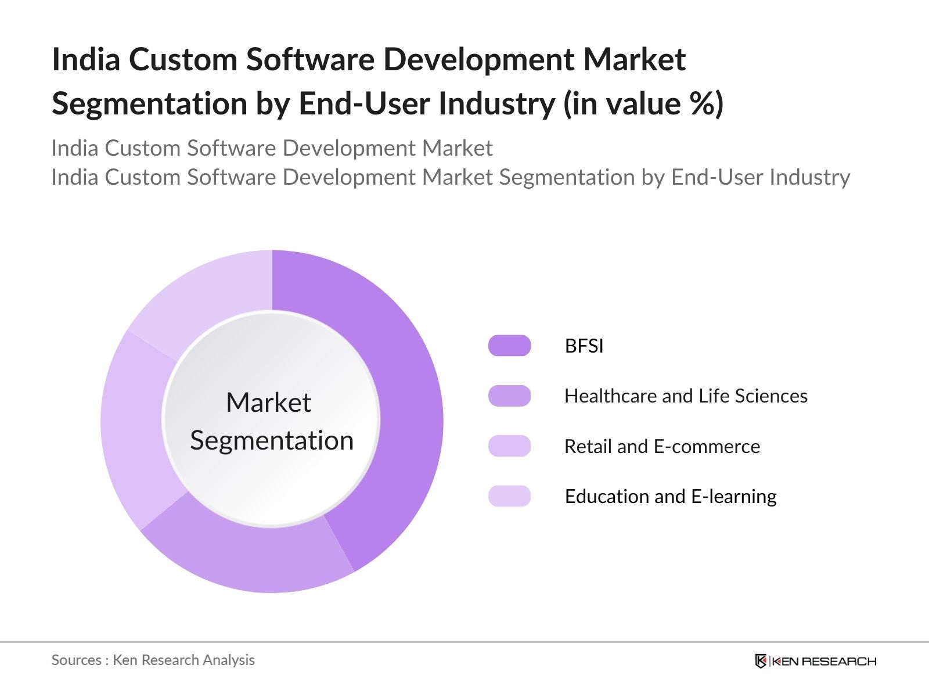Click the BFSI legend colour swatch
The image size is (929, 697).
coord(509,346)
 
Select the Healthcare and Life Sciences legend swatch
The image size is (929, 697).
coord(509,396)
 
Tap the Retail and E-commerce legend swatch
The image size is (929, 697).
coord(509,446)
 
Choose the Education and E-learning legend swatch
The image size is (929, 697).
coord(509,496)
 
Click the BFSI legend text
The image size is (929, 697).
coord(584,346)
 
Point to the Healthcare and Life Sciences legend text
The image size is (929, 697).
coord(685,396)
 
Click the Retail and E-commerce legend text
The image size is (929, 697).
coord(662,446)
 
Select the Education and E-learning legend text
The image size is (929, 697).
coord(670,496)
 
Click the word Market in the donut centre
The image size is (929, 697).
coord(268,402)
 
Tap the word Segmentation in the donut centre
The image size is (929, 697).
coord(272,440)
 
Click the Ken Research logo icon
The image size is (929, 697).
coord(761,661)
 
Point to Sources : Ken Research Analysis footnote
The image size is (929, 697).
coord(153,660)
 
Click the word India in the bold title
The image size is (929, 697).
coord(86,59)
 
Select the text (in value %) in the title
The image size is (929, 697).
coord(643,103)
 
